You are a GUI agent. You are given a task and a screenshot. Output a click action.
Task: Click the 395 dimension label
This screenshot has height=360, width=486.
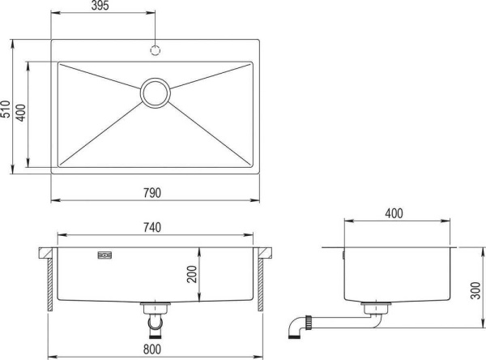[x=100, y=6]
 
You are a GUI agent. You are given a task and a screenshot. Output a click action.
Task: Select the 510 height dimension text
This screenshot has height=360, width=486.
[x=6, y=109]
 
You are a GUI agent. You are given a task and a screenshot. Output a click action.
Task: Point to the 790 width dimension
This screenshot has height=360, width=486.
[x=154, y=193]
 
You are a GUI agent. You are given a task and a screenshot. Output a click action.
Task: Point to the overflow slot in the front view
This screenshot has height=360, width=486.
[x=106, y=254]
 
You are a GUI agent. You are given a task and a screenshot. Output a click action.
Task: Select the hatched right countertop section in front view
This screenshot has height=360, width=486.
[x=262, y=281]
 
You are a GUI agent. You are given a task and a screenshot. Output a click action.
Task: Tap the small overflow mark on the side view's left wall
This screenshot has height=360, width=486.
[x=343, y=254]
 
